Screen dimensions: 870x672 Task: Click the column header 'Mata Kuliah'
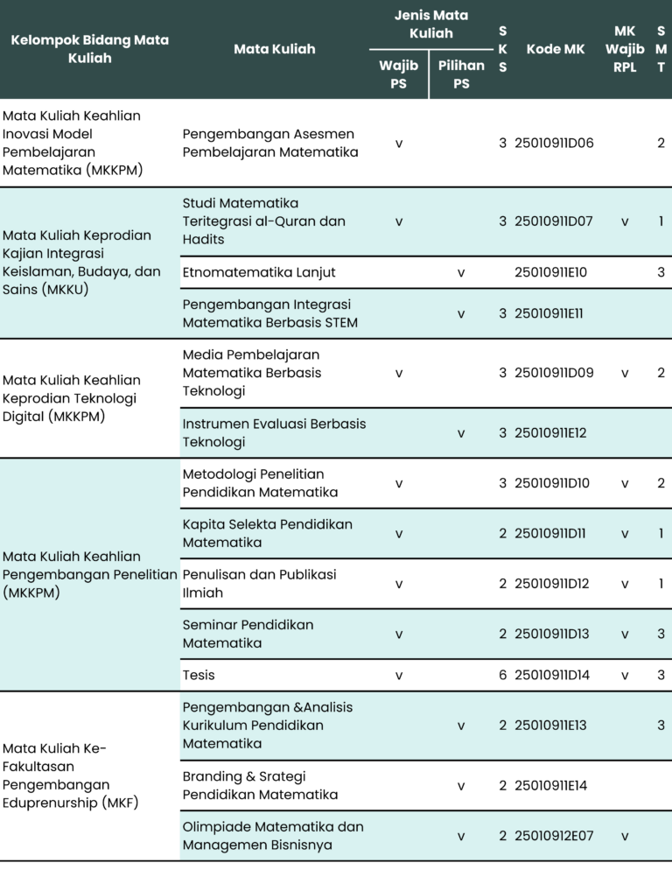[x=274, y=49]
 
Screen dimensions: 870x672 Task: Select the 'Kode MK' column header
[x=555, y=49]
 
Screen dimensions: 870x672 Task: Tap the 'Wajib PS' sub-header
[x=398, y=74]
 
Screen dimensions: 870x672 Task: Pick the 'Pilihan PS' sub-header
[x=461, y=74]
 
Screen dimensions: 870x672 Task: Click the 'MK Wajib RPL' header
[x=625, y=49]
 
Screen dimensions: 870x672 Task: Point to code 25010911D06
[x=554, y=143]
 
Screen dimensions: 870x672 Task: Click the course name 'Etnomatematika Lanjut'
[x=259, y=272]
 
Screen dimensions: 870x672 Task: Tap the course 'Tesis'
[x=199, y=675]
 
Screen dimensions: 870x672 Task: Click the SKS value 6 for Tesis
[x=503, y=675]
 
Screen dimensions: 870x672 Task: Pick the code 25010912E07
[x=554, y=836]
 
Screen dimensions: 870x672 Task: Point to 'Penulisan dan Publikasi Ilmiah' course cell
[x=259, y=583]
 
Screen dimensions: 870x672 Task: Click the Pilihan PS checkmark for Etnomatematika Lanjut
[x=461, y=273]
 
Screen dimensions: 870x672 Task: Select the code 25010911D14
[x=554, y=675]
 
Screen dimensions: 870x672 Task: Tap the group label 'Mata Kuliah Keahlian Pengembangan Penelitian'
[x=90, y=574]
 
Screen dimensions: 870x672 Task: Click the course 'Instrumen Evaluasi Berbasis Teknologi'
[x=274, y=432]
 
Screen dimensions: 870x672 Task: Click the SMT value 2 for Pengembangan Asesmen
[x=661, y=143]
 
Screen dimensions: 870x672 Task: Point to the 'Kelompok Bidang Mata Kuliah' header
[x=90, y=49]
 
